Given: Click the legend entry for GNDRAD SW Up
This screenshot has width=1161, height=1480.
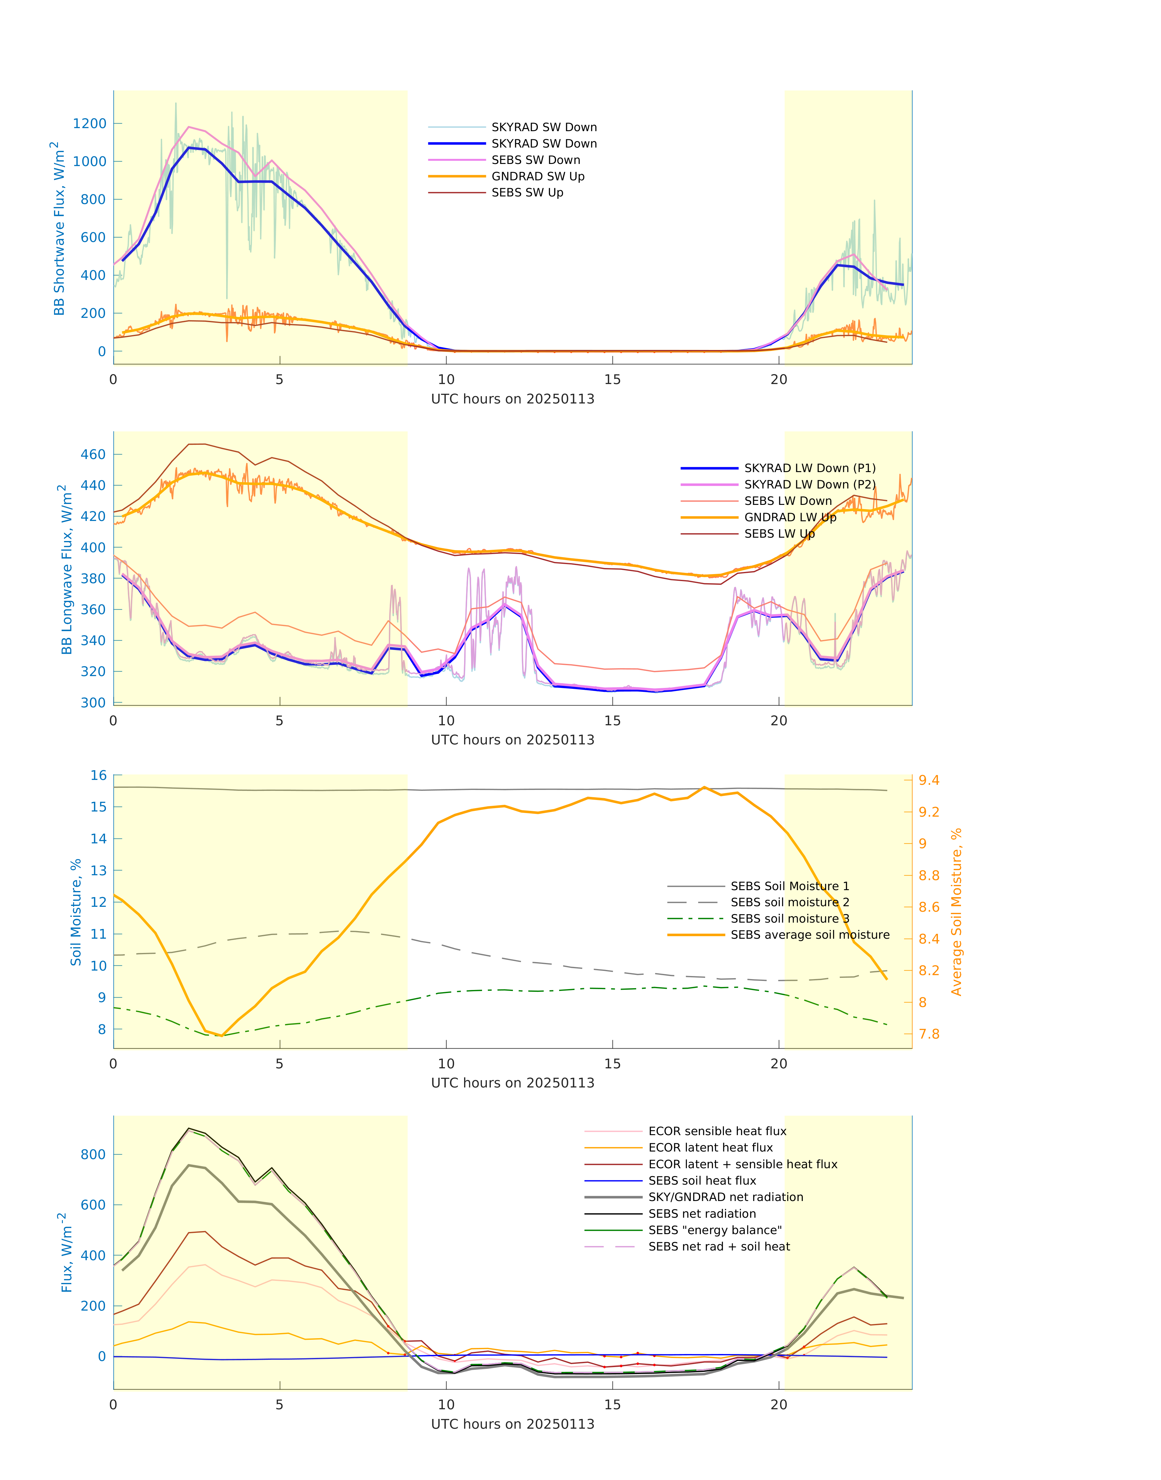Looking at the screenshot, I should tap(538, 177).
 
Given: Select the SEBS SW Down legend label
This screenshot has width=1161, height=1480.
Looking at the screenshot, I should tap(536, 160).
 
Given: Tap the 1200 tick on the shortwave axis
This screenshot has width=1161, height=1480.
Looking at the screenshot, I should tap(90, 124).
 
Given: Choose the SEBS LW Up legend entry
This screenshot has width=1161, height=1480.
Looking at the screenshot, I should tap(779, 534).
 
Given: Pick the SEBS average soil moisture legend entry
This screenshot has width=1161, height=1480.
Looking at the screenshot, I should tap(810, 935).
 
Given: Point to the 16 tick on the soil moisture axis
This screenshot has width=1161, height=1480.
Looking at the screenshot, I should tap(99, 776).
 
